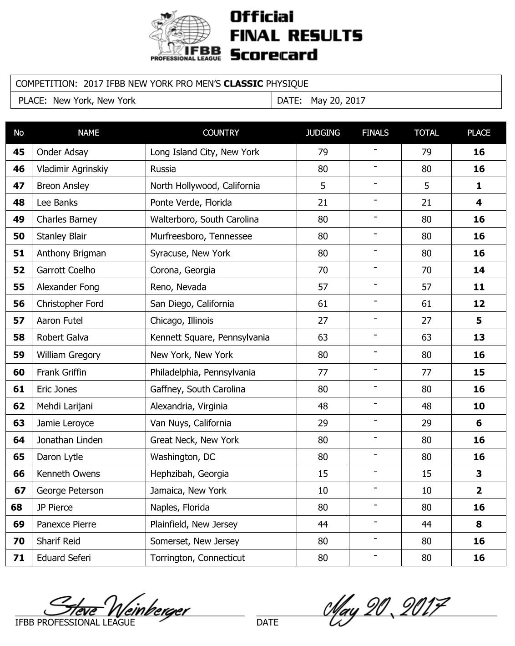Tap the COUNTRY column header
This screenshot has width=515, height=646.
221,133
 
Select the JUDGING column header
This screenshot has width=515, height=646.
323,133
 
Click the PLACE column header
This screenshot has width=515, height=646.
479,133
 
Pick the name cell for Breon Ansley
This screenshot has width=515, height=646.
63,186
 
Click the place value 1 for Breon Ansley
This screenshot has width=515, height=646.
479,186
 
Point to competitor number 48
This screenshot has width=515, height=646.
19,203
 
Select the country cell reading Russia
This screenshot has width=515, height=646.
163,169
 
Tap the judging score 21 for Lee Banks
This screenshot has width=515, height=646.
323,203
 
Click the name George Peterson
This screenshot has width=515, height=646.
70,491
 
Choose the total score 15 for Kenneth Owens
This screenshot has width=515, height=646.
426,474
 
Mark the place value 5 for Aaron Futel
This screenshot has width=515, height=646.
479,320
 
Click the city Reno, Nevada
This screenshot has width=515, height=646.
178,287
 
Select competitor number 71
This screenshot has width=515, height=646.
19,558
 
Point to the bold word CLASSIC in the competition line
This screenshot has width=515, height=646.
243,84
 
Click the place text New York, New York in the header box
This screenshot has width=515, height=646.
94,101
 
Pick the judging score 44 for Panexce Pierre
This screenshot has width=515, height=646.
323,524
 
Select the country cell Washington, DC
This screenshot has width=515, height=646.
183,457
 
